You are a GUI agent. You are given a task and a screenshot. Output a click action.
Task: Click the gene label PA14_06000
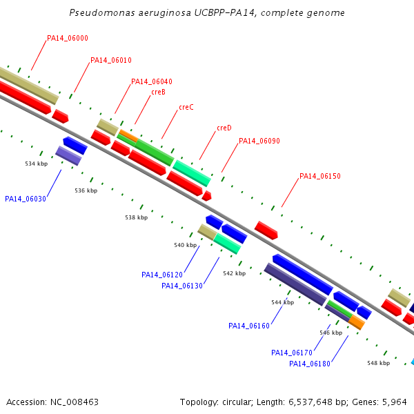click(x=68, y=38)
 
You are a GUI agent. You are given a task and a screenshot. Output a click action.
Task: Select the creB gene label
click(x=158, y=92)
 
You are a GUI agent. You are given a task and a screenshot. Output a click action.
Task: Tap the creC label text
click(x=186, y=107)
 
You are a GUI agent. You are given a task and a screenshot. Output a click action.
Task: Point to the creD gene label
click(x=224, y=128)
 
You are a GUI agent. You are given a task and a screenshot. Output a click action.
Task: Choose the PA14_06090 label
click(x=259, y=141)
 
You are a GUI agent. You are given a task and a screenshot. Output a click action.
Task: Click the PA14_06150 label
click(x=320, y=176)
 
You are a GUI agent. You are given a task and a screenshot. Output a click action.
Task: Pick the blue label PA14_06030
click(x=26, y=199)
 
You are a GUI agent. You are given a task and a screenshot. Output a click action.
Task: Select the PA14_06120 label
click(x=162, y=275)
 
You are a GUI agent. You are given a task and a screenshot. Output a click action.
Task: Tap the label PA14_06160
click(x=249, y=326)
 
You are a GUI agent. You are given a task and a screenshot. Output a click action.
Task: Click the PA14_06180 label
click(x=310, y=364)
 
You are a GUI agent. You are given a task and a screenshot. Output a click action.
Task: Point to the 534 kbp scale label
click(x=36, y=164)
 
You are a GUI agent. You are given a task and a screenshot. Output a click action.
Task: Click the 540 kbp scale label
click(x=185, y=245)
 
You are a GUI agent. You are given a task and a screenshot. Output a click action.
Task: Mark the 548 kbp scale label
click(x=378, y=363)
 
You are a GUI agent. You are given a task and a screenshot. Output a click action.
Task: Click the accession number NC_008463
click(x=75, y=402)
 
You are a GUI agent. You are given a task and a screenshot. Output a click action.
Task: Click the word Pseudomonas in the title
click(x=102, y=12)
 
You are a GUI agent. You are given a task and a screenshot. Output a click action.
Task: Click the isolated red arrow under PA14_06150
click(x=266, y=230)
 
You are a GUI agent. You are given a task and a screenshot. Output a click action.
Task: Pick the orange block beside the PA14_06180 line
click(x=357, y=322)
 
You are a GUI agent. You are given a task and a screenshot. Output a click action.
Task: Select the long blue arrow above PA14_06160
click(x=303, y=275)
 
